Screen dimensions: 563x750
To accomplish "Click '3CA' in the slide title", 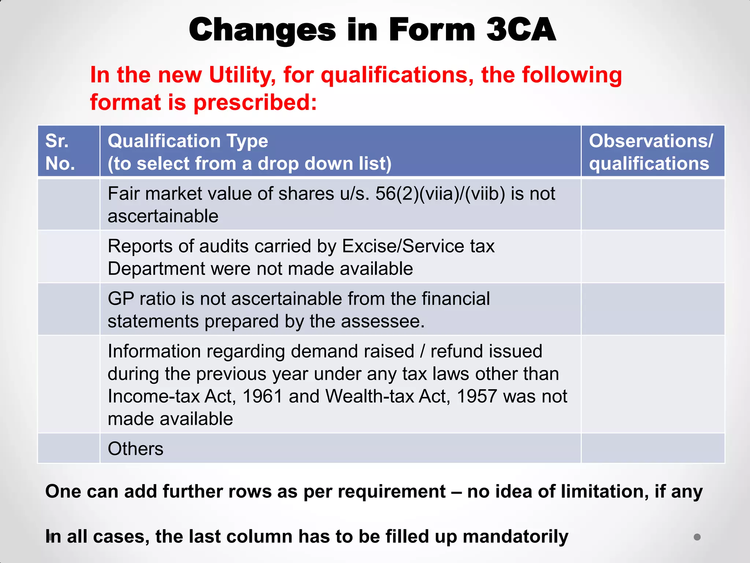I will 521,30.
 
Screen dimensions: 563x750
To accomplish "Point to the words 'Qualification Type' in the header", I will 188,141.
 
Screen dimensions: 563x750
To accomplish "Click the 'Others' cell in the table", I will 135,449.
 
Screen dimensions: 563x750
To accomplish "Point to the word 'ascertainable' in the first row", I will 163,216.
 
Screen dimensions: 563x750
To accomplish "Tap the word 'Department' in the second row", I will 156,269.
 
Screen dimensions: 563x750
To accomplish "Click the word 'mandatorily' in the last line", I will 515,537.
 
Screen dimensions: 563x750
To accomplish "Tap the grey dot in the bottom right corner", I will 697,537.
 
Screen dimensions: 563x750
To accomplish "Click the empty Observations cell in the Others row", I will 653,448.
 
